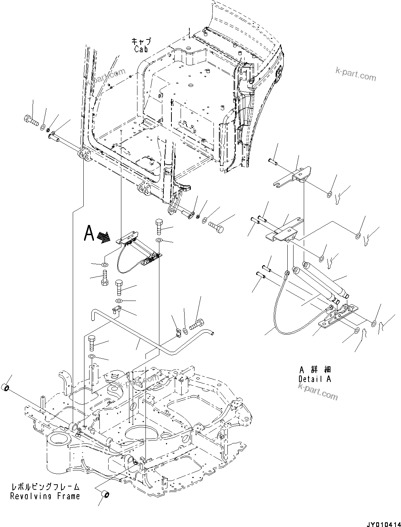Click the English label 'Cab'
coord(141,49)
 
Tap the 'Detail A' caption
coord(314,379)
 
